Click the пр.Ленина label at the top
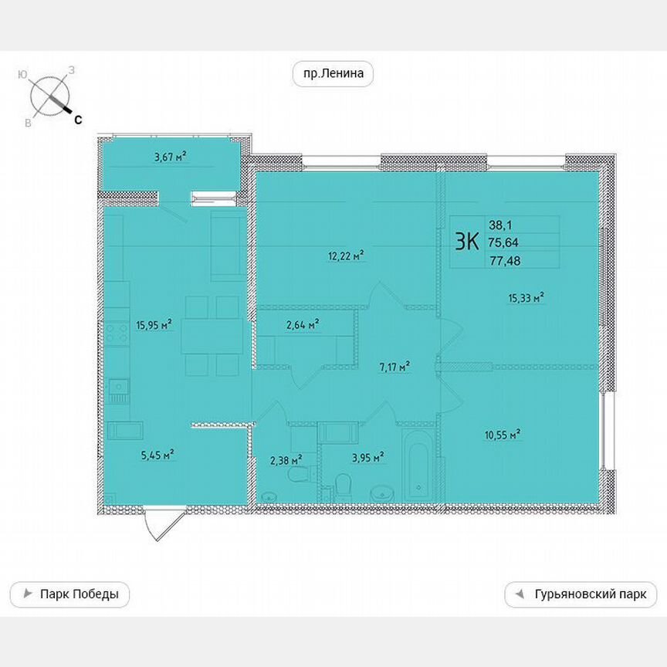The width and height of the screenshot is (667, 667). point(333,74)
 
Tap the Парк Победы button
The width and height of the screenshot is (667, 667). point(69,594)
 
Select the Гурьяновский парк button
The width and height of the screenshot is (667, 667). point(581,594)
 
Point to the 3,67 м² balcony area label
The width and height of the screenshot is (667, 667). point(171,157)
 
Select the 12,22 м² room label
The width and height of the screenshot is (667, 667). point(346,256)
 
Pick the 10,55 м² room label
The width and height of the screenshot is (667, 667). point(503,435)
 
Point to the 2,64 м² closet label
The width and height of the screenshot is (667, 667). point(303,325)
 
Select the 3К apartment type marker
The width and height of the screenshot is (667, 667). point(467,242)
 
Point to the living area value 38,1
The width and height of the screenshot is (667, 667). point(500,225)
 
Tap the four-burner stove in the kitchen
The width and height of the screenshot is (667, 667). point(118,334)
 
